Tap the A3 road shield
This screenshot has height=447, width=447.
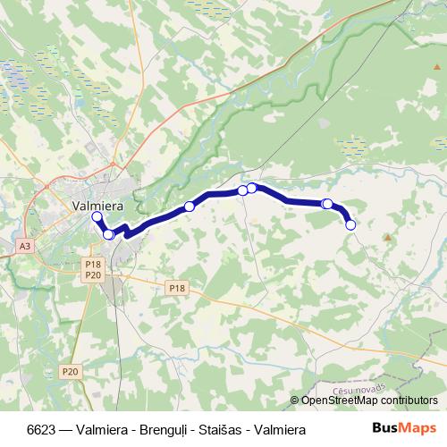24,245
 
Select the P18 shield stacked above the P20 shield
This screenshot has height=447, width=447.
94,265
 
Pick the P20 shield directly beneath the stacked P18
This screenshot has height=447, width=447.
94,275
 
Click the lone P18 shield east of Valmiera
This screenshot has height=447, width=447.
177,287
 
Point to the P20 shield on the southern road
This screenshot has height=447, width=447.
71,371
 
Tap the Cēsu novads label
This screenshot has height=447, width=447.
355,391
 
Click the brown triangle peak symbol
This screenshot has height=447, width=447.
387,237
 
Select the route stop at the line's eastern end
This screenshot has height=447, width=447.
350,225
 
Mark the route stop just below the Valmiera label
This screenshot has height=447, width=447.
97,216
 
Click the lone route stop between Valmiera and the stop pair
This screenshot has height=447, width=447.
190,207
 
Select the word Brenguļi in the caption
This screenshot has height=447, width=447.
165,430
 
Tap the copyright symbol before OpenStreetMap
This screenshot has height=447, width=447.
295,401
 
